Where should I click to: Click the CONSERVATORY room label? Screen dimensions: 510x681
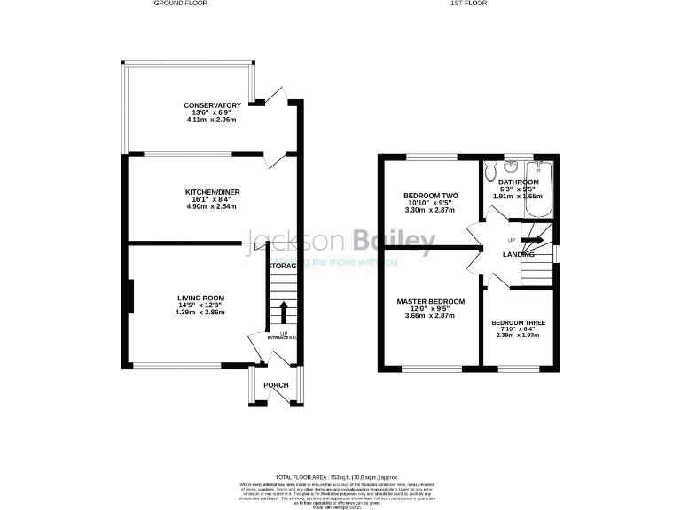pos(213,106)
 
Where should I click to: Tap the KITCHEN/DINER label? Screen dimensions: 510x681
pos(213,192)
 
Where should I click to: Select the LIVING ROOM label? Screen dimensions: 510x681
pos(200,297)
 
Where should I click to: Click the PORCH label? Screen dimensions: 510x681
pos(276,385)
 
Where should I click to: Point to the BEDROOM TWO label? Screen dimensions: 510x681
pos(430,196)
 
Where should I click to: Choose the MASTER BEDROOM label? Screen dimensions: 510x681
pos(430,302)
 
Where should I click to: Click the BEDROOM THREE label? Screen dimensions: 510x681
pos(519,322)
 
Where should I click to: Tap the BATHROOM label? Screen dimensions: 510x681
pos(518,182)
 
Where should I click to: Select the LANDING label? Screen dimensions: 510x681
pos(518,255)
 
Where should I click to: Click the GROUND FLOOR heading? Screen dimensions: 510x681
pos(180,4)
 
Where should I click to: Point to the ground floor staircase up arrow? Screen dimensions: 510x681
pos(284,312)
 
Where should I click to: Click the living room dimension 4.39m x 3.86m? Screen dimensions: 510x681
pos(200,313)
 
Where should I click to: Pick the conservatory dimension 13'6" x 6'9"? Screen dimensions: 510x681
pos(213,113)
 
